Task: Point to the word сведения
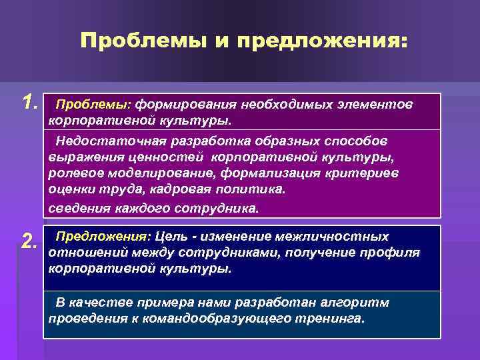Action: pos(74,208)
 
